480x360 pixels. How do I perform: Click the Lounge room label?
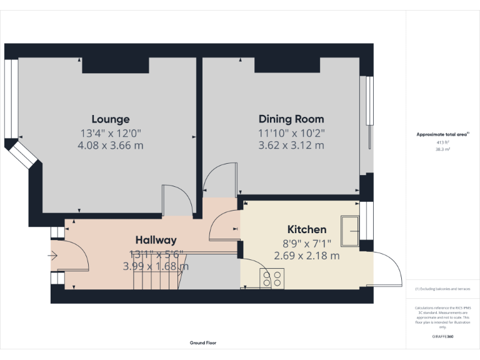pyautogui.click(x=111, y=119)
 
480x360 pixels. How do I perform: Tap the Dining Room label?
pyautogui.click(x=291, y=119)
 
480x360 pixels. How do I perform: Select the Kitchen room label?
pyautogui.click(x=306, y=229)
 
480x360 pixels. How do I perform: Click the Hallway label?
pyautogui.click(x=156, y=240)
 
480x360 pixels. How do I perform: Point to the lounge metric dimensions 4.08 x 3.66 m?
pyautogui.click(x=111, y=146)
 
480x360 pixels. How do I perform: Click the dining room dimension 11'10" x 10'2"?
pyautogui.click(x=291, y=132)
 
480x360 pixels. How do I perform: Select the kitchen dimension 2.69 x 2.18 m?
pyautogui.click(x=306, y=256)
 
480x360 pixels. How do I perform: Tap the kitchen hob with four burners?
pyautogui.click(x=272, y=277)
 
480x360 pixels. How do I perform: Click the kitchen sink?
pyautogui.click(x=349, y=228)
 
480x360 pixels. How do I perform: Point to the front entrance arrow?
pyautogui.click(x=52, y=255)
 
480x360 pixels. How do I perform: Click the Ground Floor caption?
pyautogui.click(x=203, y=342)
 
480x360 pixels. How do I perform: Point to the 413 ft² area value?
pyautogui.click(x=442, y=142)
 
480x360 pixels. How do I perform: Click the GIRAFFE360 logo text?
pyautogui.click(x=442, y=336)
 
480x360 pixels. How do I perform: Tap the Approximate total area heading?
pyautogui.click(x=442, y=134)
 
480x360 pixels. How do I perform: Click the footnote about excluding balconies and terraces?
pyautogui.click(x=442, y=289)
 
